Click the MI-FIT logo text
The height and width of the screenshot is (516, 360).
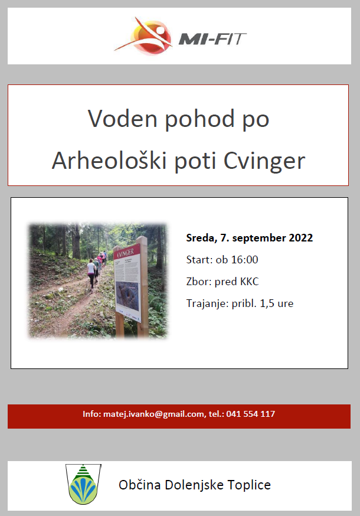pos(212,39)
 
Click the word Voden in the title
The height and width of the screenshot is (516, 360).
pos(122,119)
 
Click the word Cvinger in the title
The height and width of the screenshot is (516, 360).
pos(264,162)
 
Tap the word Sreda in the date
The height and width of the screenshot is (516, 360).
pos(201,238)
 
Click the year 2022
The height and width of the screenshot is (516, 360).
pos(301,237)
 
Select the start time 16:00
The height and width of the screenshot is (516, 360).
pos(244,260)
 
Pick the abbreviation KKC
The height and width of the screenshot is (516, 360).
pos(250,282)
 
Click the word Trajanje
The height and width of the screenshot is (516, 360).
pos(207,303)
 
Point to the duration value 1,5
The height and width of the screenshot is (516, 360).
pos(267,303)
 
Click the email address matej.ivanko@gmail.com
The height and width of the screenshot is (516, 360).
pos(153,414)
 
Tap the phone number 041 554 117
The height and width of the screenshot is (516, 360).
pos(250,414)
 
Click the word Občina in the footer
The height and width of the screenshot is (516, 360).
pos(139,485)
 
